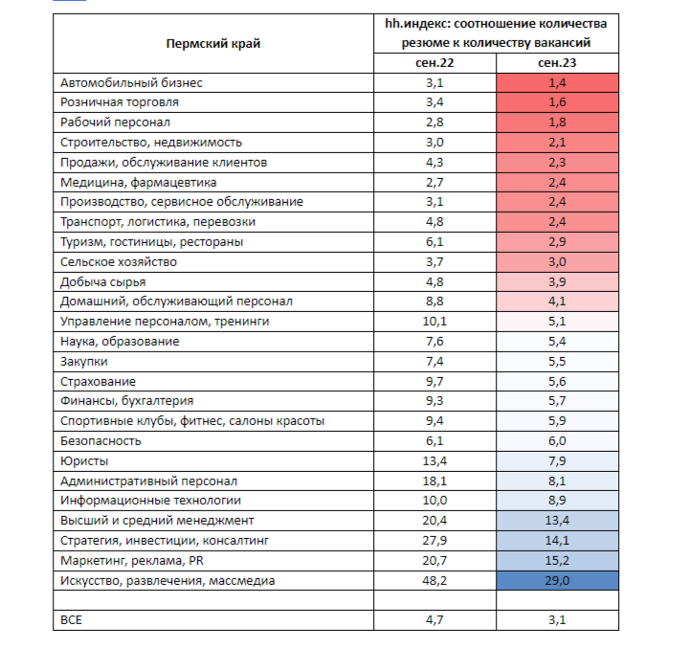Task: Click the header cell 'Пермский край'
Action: (212, 43)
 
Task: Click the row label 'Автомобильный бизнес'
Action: (131, 83)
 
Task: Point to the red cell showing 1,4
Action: (557, 83)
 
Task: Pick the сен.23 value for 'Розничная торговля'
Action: (557, 101)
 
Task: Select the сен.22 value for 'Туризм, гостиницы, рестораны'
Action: (433, 241)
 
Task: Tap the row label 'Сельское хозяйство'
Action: (119, 261)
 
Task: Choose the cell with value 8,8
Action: (433, 301)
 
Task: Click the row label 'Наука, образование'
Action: (120, 341)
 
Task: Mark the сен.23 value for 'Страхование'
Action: (557, 381)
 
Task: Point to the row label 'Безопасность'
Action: (100, 440)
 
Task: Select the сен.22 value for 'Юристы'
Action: (433, 460)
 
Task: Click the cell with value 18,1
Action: (433, 481)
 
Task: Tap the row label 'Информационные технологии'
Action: (150, 500)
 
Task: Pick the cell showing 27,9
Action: (433, 540)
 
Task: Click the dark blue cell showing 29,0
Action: (557, 580)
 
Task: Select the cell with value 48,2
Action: (433, 580)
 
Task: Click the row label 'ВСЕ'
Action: (72, 620)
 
